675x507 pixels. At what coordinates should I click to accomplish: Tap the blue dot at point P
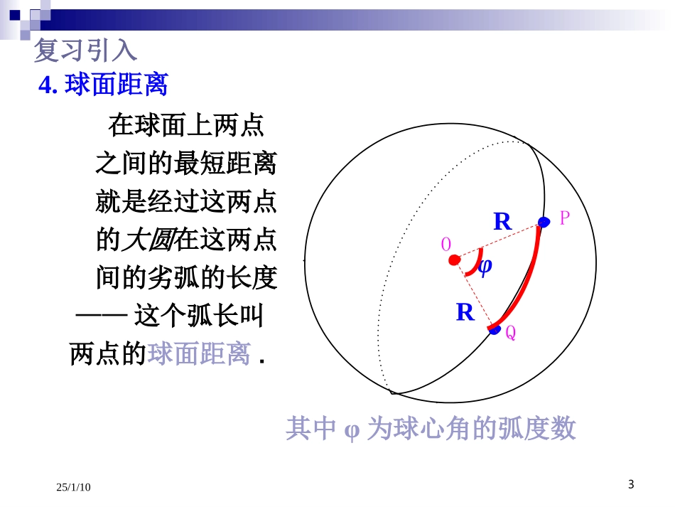[544, 223]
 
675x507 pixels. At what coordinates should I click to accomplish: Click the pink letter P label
[565, 218]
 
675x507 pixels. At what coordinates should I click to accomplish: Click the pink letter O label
[446, 245]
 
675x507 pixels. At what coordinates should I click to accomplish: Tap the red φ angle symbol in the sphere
[485, 267]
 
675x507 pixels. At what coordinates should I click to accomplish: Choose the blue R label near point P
[502, 222]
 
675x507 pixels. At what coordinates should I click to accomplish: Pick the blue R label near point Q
[465, 312]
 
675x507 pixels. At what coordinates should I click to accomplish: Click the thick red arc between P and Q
[529, 277]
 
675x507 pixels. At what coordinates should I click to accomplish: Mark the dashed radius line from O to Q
[473, 292]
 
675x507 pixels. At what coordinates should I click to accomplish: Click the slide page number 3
[631, 485]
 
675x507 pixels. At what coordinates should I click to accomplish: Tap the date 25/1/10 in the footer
[74, 487]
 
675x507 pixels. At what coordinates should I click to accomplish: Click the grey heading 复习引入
[85, 50]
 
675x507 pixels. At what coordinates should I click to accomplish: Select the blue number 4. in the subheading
[48, 85]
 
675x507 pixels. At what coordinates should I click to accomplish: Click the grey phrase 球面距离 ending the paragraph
[199, 353]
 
